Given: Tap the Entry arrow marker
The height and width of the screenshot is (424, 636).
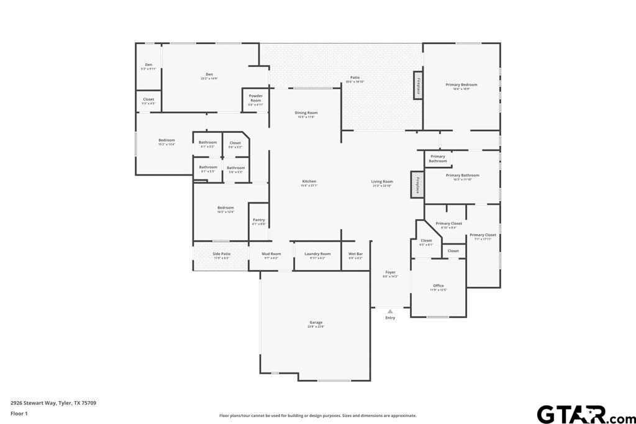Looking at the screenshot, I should (390, 312).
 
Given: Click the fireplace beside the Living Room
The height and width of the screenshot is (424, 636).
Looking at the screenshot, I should (417, 185).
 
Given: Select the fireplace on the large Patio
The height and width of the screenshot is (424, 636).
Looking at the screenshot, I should (418, 84).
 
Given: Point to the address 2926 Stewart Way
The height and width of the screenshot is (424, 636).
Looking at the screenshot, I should (53, 403).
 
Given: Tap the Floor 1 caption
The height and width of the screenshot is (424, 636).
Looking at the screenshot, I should (19, 413).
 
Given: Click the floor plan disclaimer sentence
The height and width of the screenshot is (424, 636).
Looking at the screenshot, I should (317, 416).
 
